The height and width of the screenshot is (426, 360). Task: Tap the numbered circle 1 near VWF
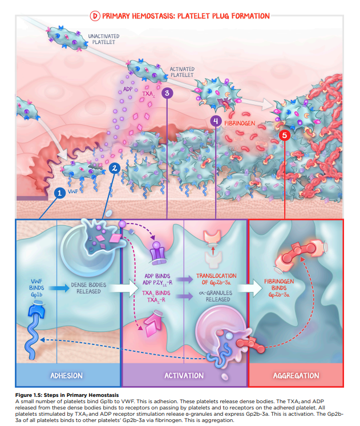58,193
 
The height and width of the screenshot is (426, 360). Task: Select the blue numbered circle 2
115,168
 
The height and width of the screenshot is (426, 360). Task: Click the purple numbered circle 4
215,121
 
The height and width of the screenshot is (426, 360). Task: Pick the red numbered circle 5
285,135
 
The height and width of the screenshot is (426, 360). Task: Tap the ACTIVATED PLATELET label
182,72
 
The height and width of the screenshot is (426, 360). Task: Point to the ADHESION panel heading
67,375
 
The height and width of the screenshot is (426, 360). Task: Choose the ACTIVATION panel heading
184,375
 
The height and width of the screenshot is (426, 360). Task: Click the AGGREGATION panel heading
296,376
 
